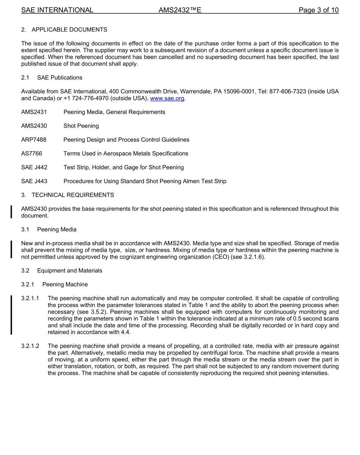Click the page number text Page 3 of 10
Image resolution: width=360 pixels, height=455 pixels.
(318, 10)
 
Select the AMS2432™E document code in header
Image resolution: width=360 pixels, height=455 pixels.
(180, 10)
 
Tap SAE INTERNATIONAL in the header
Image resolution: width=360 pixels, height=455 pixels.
(57, 10)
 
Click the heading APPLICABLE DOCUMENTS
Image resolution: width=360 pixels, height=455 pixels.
(69, 30)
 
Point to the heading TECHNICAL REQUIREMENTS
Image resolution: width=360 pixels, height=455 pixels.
(73, 195)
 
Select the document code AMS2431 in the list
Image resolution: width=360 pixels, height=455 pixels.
(34, 112)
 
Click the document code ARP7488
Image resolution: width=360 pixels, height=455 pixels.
(34, 140)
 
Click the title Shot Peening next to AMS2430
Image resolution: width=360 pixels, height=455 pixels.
(81, 126)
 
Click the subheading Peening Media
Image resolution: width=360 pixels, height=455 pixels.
(57, 229)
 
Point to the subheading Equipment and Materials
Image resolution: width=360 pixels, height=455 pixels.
(70, 271)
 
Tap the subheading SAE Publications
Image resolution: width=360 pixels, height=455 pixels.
(60, 78)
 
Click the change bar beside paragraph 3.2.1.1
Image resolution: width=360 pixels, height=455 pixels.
(11, 315)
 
